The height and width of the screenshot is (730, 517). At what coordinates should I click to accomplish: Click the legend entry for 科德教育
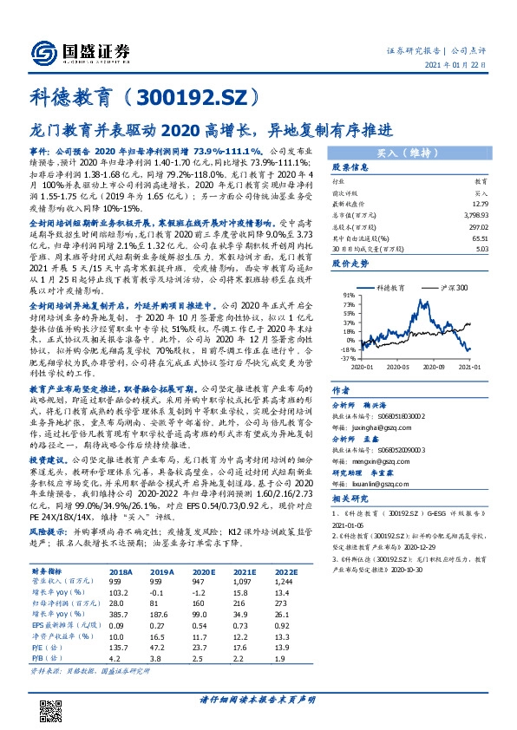[389, 286]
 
